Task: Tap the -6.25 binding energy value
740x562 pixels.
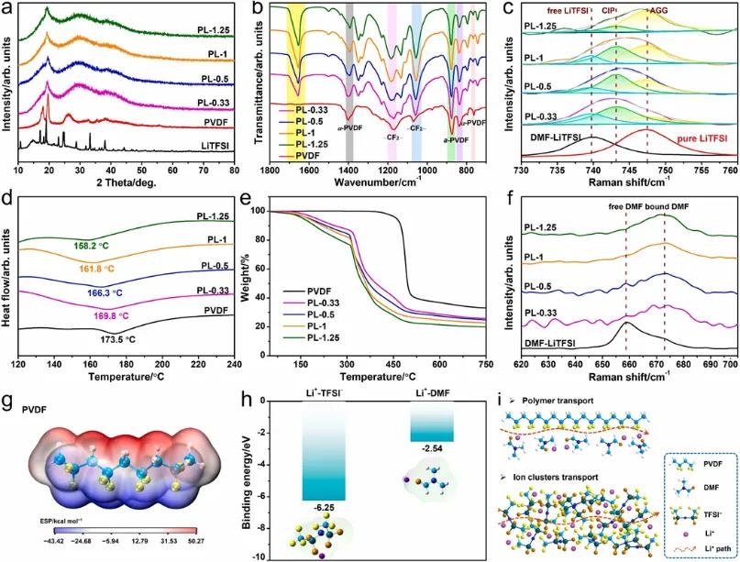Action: point(336,507)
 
